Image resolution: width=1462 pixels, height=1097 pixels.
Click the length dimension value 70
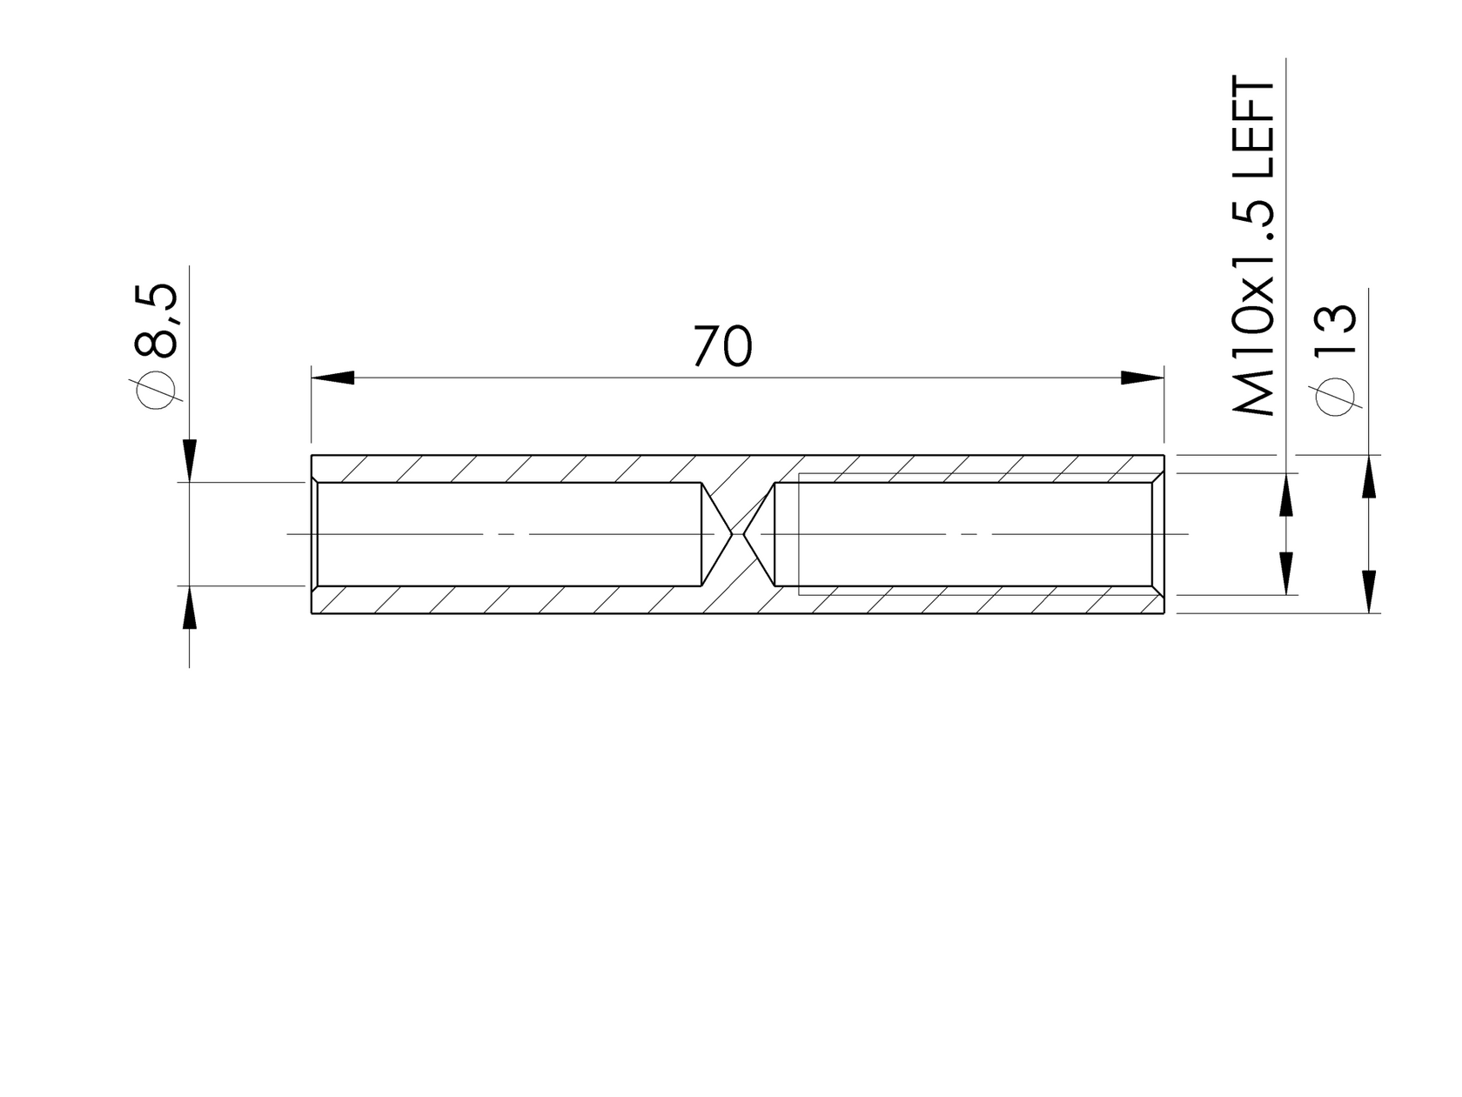[x=721, y=346]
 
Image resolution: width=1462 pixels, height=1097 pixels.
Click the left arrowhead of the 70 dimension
[x=333, y=378]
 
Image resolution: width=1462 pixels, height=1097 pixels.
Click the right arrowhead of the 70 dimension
[x=1142, y=378]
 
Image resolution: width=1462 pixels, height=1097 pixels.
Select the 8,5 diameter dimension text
[x=158, y=320]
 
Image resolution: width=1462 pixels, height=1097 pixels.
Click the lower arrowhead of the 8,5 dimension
[x=189, y=607]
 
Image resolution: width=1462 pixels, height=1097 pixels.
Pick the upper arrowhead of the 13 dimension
[x=1368, y=478]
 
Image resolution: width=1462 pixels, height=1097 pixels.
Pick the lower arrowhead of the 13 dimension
[x=1368, y=591]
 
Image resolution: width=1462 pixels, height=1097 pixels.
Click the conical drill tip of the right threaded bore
[x=761, y=533]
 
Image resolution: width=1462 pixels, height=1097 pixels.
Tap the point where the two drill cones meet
[x=738, y=533]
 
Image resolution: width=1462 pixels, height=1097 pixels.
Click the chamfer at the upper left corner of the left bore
[x=315, y=478]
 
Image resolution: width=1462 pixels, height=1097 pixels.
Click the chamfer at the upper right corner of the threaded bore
[x=1157, y=477]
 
